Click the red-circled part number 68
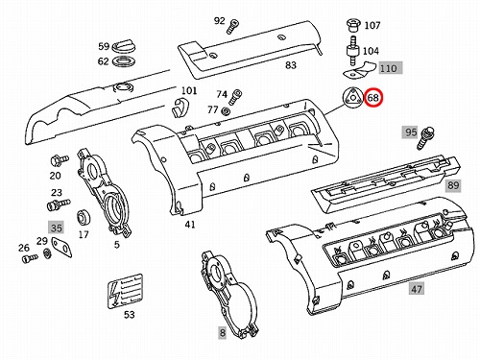[x=373, y=97]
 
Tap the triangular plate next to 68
[x=352, y=96]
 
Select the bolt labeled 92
[x=232, y=26]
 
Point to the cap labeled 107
[x=354, y=26]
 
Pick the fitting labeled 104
[x=352, y=51]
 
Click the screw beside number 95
[x=425, y=138]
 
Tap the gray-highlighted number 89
[x=453, y=185]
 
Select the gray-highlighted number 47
[x=416, y=289]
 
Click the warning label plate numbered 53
[x=125, y=291]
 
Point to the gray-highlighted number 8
[x=223, y=333]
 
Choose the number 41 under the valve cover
[x=190, y=225]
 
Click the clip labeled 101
[x=181, y=108]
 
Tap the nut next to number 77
[x=226, y=111]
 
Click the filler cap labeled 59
[x=123, y=46]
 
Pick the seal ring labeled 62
[x=124, y=61]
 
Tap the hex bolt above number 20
[x=60, y=159]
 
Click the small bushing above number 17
[x=84, y=218]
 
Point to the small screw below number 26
[x=30, y=257]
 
